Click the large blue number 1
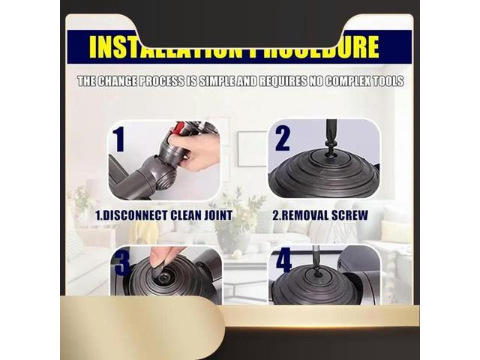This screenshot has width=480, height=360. point(119,139)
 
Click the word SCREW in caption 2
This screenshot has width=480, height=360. point(350,215)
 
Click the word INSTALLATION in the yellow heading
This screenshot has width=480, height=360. point(154,47)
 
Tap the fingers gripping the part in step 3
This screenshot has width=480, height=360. point(166,257)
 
